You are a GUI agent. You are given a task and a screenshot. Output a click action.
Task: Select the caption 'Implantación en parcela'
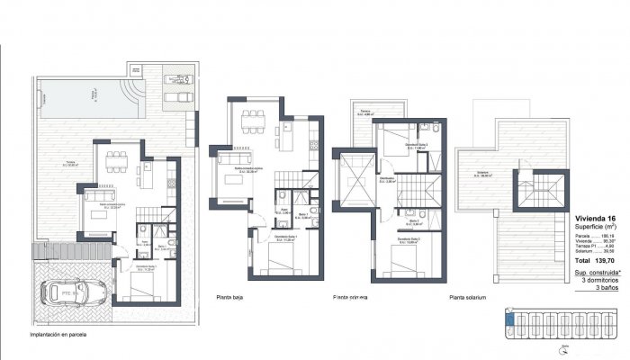click(x=63, y=335)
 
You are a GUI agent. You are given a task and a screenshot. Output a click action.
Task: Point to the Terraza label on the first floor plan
click(x=364, y=113)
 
